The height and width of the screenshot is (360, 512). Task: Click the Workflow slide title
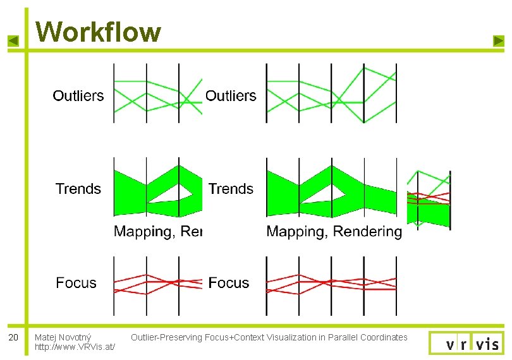(x=98, y=31)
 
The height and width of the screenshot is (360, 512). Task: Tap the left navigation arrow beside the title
(x=13, y=41)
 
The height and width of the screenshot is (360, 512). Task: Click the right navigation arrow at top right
(x=498, y=41)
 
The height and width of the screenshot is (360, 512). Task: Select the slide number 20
(x=13, y=337)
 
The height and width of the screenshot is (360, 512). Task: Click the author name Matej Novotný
(x=63, y=337)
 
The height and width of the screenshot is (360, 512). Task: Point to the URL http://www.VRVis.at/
(x=75, y=347)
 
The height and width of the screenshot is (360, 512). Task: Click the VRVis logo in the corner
(x=466, y=343)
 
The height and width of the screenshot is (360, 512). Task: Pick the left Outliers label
(x=78, y=96)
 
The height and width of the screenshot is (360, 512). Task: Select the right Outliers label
(x=231, y=96)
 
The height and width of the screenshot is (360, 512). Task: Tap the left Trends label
(x=78, y=189)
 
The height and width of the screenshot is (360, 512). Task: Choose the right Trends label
(x=231, y=189)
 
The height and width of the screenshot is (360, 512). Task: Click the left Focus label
(x=76, y=283)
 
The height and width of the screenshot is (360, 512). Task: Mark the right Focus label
(x=229, y=283)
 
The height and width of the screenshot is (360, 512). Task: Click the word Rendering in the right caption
(x=367, y=232)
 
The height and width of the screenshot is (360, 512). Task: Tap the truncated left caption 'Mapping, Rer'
(x=157, y=232)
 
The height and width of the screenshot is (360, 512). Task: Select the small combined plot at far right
(x=429, y=198)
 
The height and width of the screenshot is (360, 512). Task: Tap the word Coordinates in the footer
(x=384, y=337)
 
